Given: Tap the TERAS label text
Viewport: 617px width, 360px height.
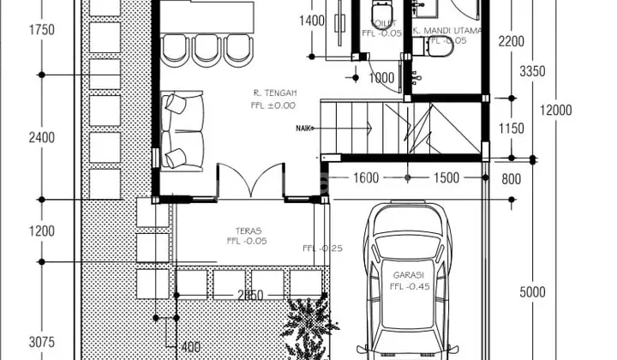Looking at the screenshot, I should coord(248,231).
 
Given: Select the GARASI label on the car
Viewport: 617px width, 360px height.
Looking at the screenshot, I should coord(410,275).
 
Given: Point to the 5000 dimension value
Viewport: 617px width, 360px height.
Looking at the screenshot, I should coord(531,292).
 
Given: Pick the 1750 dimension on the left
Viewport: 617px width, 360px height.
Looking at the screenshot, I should coord(40,30).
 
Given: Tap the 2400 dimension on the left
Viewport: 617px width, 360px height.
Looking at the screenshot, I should coord(40,137).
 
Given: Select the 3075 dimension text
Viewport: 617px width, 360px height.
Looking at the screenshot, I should coord(40,343).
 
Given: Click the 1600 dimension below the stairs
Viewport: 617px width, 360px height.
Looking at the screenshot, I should coord(364,178).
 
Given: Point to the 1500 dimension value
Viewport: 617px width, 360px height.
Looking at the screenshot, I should coord(446,178).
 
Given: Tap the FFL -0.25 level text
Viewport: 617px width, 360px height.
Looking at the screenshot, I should coord(323,249).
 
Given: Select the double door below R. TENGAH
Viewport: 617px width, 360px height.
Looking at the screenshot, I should coord(251,183).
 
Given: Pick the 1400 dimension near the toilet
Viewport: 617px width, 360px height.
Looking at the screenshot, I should coord(313,21).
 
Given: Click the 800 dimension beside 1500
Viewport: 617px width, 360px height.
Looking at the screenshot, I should coord(511,178).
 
